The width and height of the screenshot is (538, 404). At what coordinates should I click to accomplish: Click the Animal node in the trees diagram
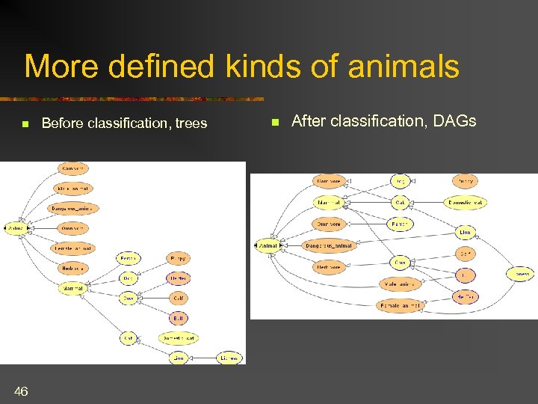[15, 228]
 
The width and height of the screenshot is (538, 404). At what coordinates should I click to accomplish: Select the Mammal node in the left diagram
[74, 287]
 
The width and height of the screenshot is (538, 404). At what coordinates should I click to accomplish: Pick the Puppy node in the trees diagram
[179, 259]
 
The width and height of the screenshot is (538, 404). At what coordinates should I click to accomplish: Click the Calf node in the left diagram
[179, 298]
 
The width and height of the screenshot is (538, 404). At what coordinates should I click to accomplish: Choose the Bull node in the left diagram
[179, 318]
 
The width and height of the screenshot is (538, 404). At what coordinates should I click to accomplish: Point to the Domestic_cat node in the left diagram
[179, 338]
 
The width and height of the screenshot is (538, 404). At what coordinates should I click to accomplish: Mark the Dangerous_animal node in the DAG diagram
[329, 245]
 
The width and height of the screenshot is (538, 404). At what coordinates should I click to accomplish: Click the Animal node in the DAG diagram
[268, 245]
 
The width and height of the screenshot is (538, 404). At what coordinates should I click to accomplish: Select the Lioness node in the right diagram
[521, 275]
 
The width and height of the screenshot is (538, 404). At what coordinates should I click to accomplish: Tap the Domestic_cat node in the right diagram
[465, 203]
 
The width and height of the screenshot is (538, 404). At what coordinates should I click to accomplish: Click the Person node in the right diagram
[401, 224]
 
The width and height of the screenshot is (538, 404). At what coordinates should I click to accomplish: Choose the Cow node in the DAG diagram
[401, 263]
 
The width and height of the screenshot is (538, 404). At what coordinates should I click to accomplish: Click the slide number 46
[21, 391]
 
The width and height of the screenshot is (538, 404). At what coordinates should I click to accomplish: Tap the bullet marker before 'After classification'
[274, 122]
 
